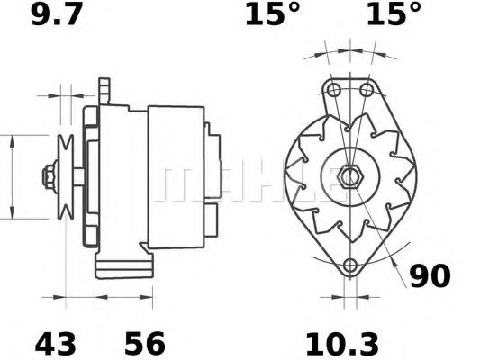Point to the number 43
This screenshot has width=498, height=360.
57,343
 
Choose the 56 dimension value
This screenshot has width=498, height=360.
145,343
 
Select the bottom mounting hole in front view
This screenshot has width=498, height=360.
350,265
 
